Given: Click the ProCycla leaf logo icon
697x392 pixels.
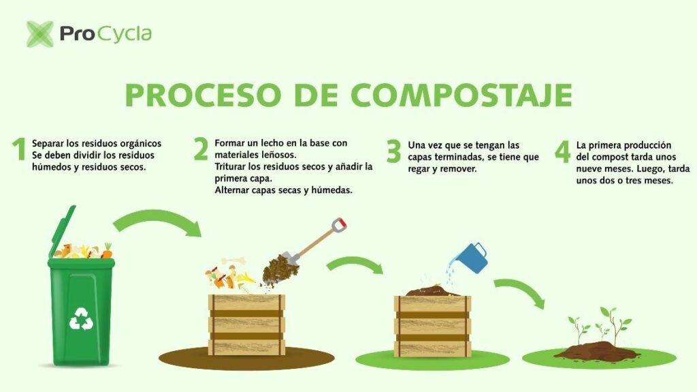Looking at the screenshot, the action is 40,34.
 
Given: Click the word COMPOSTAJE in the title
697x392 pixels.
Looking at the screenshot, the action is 461,95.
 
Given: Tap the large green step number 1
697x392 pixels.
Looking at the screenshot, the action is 19,149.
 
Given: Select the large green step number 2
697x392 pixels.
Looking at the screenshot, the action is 201,149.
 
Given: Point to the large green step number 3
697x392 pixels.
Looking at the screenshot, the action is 394,151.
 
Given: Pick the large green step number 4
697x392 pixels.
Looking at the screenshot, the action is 563,151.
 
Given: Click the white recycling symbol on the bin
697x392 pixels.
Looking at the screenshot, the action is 81,319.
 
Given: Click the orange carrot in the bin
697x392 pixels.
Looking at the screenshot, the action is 107,252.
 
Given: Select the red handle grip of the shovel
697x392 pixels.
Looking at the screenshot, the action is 339,224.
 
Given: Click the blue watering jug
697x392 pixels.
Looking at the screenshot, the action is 472,258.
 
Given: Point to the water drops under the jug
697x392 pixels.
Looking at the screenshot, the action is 451,274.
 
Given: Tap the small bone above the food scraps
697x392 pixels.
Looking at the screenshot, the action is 233,261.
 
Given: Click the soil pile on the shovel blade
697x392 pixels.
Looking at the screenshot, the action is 280,269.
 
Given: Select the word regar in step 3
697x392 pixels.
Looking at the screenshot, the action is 419,169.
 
